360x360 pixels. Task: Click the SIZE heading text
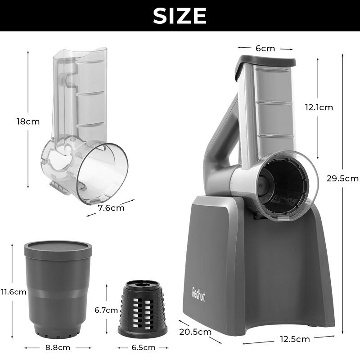coord(180,16)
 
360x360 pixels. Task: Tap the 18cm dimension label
coord(28,121)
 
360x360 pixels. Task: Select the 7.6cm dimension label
coord(111,208)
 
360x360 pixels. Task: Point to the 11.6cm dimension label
coord(13,292)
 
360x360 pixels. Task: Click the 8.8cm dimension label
coord(58,347)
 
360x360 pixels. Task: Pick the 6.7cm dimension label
coord(106,310)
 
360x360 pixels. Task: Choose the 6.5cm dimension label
coord(144,347)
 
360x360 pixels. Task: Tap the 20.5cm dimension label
coord(195,332)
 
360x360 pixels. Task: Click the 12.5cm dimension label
coord(295,339)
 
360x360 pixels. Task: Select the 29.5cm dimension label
coord(342,178)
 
